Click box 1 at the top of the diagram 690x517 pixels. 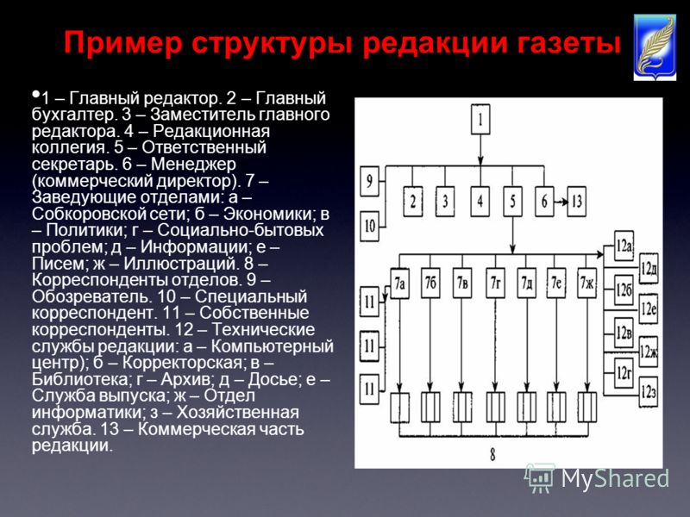pyautogui.click(x=480, y=119)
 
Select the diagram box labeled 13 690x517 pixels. pyautogui.click(x=576, y=202)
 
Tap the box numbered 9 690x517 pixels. pyautogui.click(x=370, y=181)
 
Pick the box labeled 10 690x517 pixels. pyautogui.click(x=370, y=226)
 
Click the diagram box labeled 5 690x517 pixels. pyautogui.click(x=512, y=202)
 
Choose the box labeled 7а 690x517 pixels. pyautogui.click(x=399, y=283)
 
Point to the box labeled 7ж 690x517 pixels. pyautogui.click(x=586, y=283)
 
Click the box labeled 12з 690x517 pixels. pyautogui.click(x=649, y=392)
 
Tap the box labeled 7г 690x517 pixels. pyautogui.click(x=495, y=283)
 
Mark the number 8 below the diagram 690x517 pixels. pyautogui.click(x=492, y=454)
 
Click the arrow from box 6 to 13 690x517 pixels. pyautogui.click(x=560, y=202)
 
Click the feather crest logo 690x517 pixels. pyautogui.click(x=655, y=47)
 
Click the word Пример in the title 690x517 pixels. pyautogui.click(x=123, y=44)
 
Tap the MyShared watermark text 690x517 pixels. pyautogui.click(x=615, y=477)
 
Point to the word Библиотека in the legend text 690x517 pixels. pyautogui.click(x=75, y=379)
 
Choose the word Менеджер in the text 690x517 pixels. pyautogui.click(x=193, y=164)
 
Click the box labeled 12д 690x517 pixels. pyautogui.click(x=649, y=268)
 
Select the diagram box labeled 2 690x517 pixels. pyautogui.click(x=413, y=202)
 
